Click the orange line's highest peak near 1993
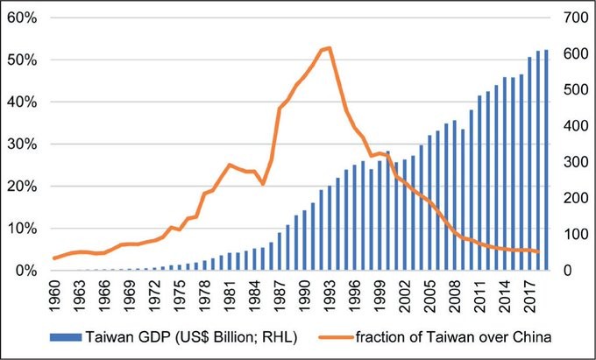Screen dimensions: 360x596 [x=329, y=47]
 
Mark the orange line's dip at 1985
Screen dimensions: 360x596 [x=263, y=184]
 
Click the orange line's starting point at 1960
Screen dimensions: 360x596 [x=54, y=258]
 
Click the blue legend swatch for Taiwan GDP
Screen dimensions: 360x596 [x=68, y=335]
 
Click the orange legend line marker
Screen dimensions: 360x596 [x=341, y=335]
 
